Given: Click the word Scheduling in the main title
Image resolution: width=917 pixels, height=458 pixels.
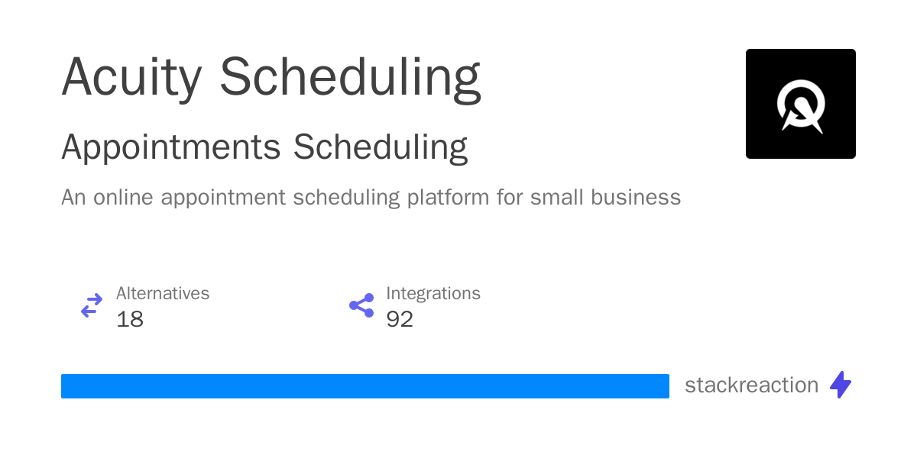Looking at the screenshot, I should coord(350,78).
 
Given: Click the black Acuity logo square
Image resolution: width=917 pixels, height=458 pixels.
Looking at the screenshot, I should coord(800,104).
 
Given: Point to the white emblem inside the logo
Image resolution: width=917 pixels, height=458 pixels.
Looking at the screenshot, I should coord(800,106).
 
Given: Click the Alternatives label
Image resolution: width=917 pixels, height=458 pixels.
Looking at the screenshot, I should coord(163,293).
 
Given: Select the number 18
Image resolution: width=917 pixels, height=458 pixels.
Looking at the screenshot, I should coord(130,319).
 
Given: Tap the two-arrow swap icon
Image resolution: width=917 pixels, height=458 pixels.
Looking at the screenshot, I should coord(92,306).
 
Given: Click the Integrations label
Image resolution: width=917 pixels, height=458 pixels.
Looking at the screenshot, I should coord(433,293).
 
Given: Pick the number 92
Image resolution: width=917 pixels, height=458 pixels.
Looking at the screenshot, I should coord(400,319).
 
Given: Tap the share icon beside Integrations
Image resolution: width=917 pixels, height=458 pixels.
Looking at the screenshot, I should coord(361,306).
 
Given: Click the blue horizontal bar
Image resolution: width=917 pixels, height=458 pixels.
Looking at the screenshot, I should coord(365,386).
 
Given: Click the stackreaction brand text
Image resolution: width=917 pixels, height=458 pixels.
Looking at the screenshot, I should coord(751,385).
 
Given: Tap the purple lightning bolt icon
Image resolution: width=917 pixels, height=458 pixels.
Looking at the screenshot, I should coord(841,385).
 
